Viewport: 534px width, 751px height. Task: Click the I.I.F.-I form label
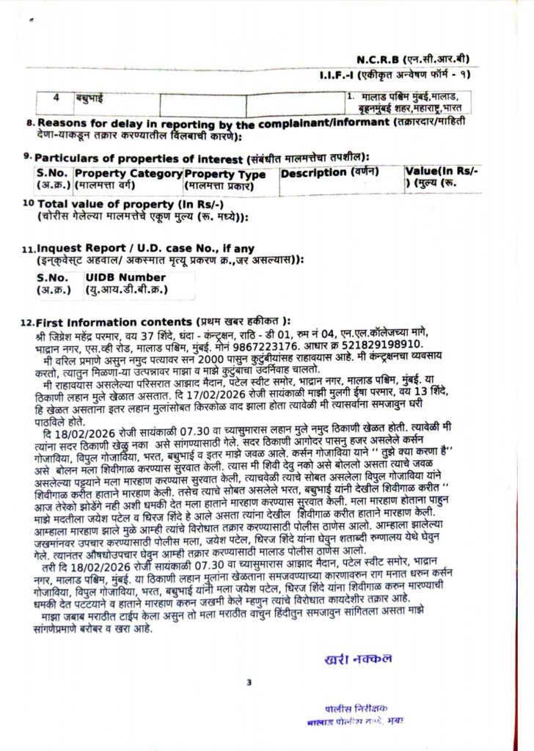[x=343, y=75]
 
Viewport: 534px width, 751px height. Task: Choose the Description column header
[x=329, y=172]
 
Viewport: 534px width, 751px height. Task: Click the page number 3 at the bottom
[x=249, y=683]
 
